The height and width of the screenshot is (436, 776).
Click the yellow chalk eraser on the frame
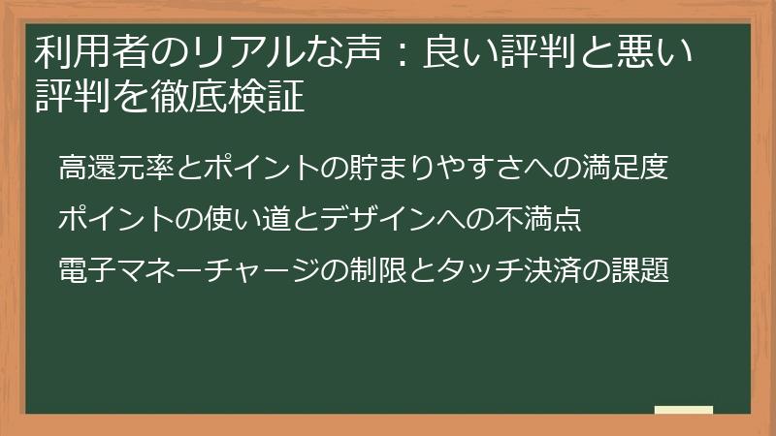tap(683, 411)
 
